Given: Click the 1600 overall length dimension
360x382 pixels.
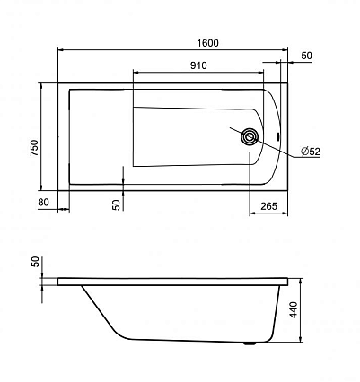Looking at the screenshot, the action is tap(208, 43).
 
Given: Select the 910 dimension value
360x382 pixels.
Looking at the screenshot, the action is tap(198, 65).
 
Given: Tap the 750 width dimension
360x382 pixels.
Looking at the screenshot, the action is tap(35, 148).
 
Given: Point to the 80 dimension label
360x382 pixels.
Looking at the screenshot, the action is tap(43, 203).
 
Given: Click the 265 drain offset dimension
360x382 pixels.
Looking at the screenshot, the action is tap(269, 206).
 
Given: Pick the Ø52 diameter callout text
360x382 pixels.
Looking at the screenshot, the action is tap(311, 152).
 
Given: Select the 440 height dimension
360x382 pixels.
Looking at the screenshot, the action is tap(294, 310).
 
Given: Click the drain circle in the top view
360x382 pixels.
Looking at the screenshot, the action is tap(250, 136).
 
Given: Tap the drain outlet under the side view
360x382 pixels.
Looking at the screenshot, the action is tap(250, 343).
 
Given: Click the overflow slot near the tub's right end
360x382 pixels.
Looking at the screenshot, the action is tap(278, 136).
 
